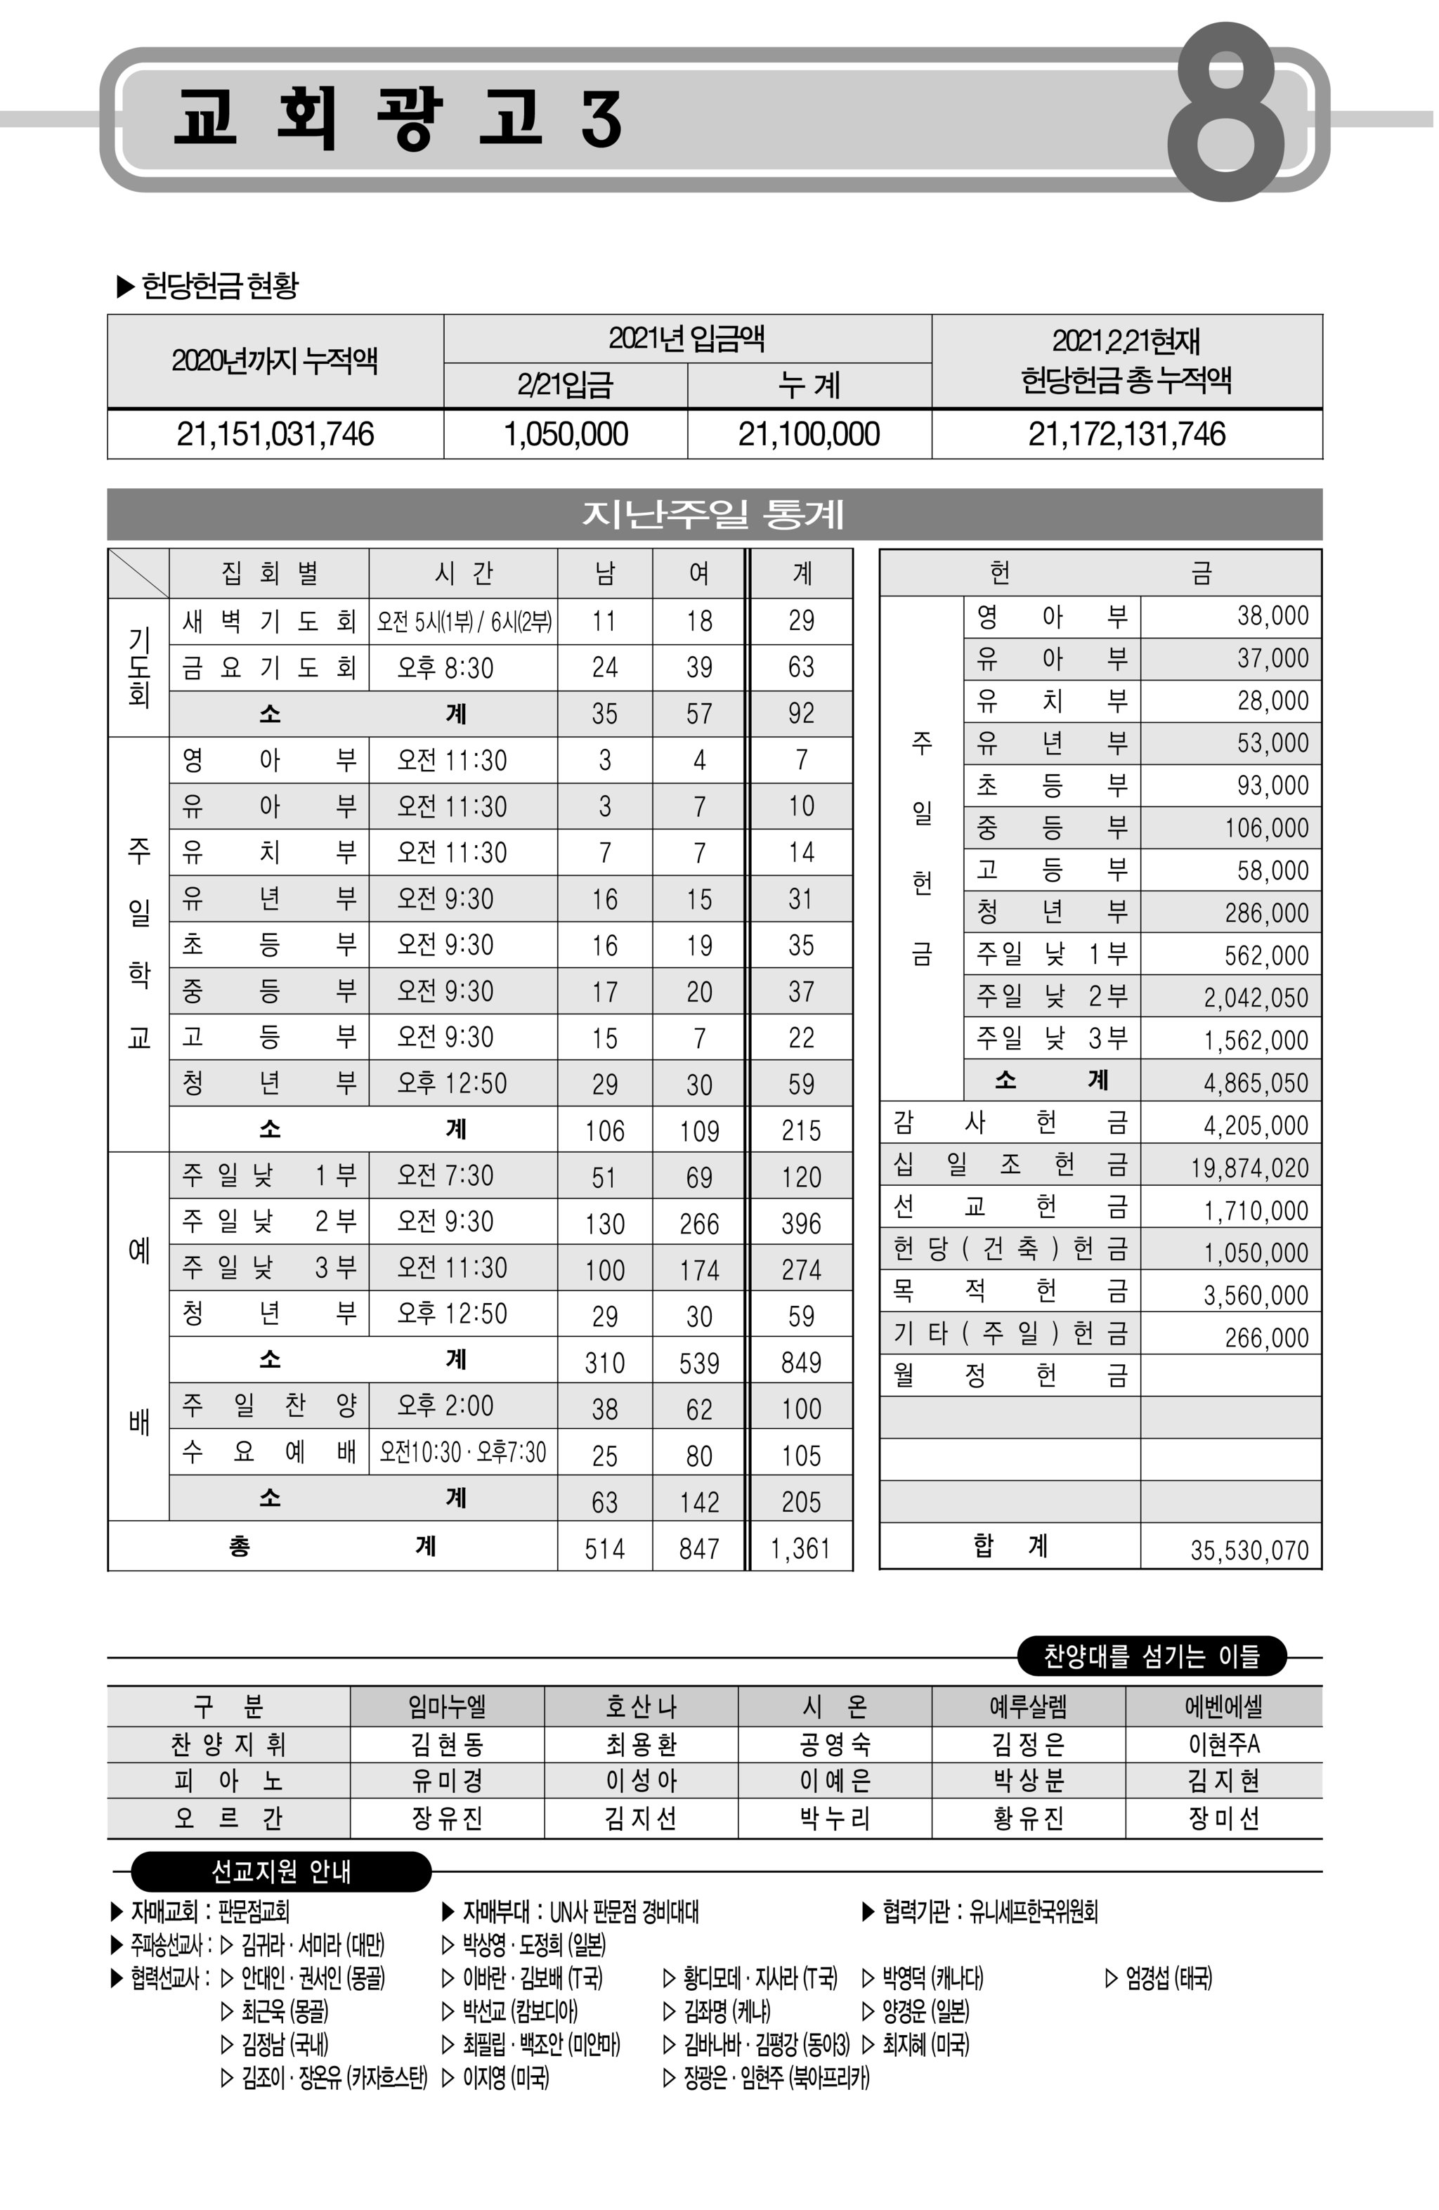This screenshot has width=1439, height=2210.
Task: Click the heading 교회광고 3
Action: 397,119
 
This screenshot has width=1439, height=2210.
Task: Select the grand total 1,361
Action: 800,1548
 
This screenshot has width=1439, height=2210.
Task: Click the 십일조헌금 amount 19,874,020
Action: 1249,1168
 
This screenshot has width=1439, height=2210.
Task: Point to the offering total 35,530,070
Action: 1249,1550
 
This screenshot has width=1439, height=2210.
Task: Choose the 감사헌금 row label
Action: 1009,1123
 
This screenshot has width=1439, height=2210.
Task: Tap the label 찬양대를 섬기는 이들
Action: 1151,1655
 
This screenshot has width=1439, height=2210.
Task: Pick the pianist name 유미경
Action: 447,1780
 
